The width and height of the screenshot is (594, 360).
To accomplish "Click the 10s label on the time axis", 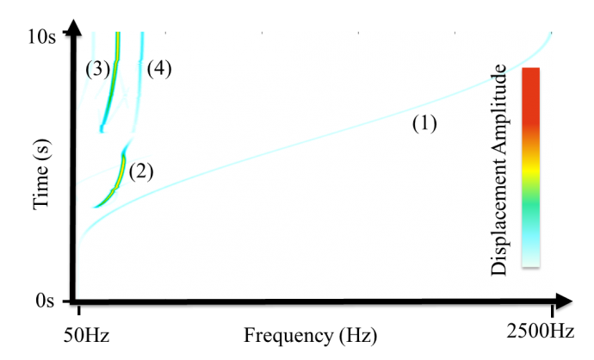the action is [x=41, y=37].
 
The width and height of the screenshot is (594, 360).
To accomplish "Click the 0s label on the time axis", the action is [x=45, y=301].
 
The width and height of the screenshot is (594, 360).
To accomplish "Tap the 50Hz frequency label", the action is [x=86, y=335].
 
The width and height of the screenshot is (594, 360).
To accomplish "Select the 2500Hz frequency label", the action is [x=541, y=332].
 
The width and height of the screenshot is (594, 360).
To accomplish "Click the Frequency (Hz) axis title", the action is [x=310, y=336].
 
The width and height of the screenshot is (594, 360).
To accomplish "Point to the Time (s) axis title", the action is [x=41, y=174].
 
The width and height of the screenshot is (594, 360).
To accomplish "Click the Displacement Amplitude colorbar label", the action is [x=498, y=170].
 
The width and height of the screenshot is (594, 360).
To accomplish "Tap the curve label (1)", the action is [x=424, y=123].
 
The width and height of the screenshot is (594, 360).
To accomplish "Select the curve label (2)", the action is [x=141, y=171].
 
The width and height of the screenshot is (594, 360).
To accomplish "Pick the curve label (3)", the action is [x=98, y=70].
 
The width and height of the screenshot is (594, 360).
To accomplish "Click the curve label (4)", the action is [x=159, y=69].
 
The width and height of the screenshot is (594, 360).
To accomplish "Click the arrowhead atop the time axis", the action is [x=75, y=28].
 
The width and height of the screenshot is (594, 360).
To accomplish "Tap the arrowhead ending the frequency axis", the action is [x=564, y=301].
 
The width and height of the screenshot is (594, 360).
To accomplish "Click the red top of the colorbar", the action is [x=531, y=95].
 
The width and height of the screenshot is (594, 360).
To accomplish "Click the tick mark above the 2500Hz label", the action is [x=552, y=311].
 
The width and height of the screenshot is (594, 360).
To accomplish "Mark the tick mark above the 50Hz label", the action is [x=79, y=310].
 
